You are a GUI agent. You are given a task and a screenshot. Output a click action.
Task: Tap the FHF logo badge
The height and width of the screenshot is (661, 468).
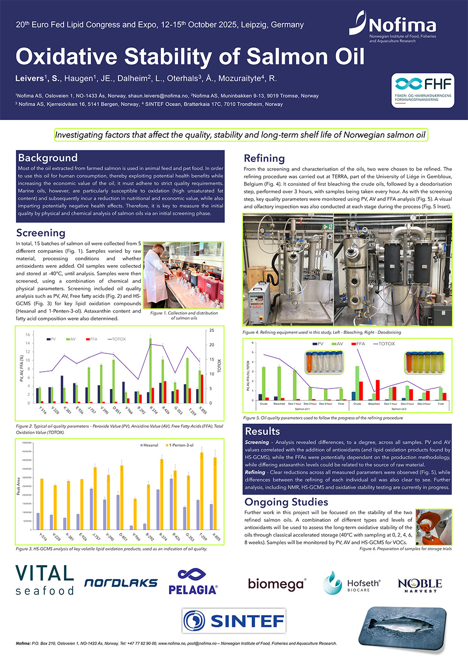click(x=423, y=90)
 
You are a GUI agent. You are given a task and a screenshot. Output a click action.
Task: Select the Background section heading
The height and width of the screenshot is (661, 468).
click(x=48, y=158)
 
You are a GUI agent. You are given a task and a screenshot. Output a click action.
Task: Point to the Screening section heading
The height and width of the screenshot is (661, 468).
click(x=41, y=233)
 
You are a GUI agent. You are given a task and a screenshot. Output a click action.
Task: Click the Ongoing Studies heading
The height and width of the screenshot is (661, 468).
click(x=286, y=502)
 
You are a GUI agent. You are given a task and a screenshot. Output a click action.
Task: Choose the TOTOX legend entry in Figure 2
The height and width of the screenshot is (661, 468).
click(x=117, y=339)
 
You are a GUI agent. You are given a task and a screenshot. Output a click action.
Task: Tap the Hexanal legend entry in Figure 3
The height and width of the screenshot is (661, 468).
click(x=149, y=445)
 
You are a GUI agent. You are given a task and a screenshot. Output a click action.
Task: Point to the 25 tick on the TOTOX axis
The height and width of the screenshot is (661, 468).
click(x=212, y=330)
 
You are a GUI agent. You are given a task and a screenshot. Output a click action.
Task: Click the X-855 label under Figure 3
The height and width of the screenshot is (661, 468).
click(x=216, y=537)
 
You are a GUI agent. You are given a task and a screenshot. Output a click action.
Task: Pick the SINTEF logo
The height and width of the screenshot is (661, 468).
click(x=234, y=621)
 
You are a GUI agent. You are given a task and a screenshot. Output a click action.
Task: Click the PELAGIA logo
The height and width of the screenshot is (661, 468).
click(x=193, y=582)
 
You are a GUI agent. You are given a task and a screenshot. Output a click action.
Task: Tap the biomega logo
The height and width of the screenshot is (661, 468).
click(x=277, y=584)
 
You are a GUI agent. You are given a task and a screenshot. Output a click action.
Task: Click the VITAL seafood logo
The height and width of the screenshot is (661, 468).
click(x=45, y=580)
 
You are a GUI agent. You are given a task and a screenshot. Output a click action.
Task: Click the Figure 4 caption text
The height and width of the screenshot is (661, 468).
click(x=322, y=332)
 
